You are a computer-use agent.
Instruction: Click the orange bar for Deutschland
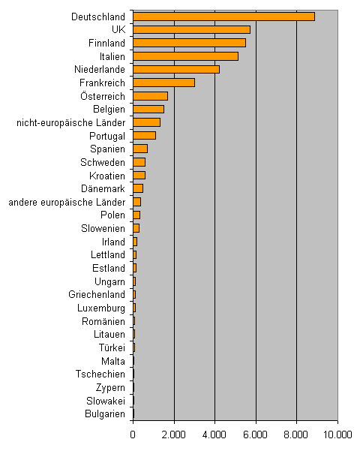224,17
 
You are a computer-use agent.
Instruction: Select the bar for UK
192,29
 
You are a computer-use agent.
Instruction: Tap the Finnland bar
190,43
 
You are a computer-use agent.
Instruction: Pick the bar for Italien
186,56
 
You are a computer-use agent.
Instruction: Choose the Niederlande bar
176,69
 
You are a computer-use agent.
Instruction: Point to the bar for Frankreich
164,83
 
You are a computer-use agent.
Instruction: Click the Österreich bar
151,96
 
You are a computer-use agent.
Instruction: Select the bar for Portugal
145,136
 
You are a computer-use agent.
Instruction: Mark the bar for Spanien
140,149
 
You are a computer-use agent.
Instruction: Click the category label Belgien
109,110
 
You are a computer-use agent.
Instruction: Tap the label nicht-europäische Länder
70,123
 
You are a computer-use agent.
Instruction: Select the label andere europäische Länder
67,202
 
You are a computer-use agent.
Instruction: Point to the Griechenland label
97,294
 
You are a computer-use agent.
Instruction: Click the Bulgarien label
105,414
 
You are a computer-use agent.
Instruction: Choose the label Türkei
112,347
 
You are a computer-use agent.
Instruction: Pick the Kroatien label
107,176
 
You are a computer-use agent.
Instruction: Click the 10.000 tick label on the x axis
337,434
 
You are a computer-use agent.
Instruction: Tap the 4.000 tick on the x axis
214,434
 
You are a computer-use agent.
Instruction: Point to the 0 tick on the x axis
133,434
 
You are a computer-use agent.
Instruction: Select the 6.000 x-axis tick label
255,434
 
